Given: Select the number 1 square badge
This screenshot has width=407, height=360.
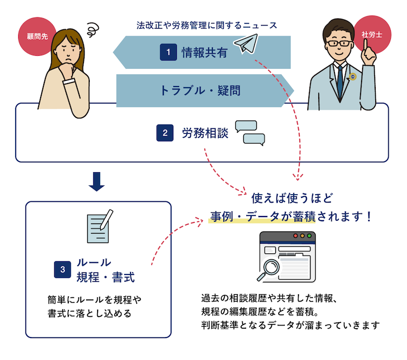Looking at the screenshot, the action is point(168,52).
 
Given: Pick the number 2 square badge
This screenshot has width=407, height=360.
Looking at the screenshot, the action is point(165,133).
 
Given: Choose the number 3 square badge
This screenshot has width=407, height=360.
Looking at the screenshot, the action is point(62,269).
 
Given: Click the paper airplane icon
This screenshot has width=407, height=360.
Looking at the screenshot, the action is point(246,43).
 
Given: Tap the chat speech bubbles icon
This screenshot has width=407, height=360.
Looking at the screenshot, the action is point(250,133).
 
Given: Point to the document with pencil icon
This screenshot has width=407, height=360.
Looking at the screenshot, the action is point(100,226).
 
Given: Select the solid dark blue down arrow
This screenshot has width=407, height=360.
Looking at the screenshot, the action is point(97,182).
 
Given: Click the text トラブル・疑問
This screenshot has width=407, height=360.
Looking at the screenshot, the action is point(200,91).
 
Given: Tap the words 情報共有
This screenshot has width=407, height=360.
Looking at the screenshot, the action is point(204,52).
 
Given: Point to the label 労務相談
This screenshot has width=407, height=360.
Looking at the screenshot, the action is point(205,133).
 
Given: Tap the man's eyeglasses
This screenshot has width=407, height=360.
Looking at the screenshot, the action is point(339,43).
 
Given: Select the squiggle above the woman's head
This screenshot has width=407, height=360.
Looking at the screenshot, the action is point(93,30).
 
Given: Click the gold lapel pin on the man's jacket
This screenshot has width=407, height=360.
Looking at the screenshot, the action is point(353,77).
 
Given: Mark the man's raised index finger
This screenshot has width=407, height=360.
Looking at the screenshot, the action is point(365,45).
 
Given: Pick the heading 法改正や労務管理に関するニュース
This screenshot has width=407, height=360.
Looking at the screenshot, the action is point(207,26).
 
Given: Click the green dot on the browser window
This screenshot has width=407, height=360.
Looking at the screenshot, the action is point(309,236).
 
